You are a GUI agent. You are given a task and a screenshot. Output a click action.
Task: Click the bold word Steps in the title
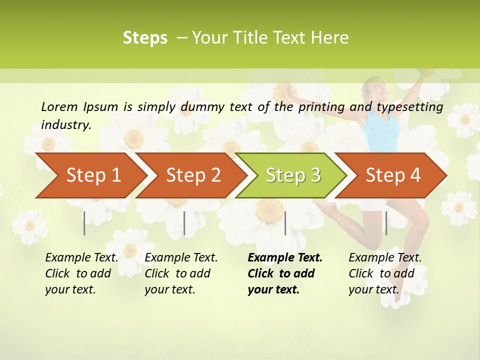pos(145,38)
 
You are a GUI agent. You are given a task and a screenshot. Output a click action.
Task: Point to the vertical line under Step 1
pos(84,223)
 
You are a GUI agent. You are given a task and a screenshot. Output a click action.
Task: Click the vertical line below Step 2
pos(184,223)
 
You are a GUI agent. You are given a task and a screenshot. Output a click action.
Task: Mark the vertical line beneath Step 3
pos(285,223)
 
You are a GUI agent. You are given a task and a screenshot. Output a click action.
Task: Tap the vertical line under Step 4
pos(386,223)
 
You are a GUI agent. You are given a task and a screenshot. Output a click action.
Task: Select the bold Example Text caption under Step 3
pos(284,273)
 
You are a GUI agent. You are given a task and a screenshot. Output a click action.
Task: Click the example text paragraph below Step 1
pos(81,273)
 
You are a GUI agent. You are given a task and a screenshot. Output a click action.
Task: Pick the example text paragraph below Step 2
pos(181,273)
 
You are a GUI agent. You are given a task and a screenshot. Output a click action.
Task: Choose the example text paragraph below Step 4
pos(384,273)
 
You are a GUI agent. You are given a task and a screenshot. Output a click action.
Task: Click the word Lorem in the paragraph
pos(59,107)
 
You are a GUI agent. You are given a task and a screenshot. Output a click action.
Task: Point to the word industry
pos(66,125)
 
